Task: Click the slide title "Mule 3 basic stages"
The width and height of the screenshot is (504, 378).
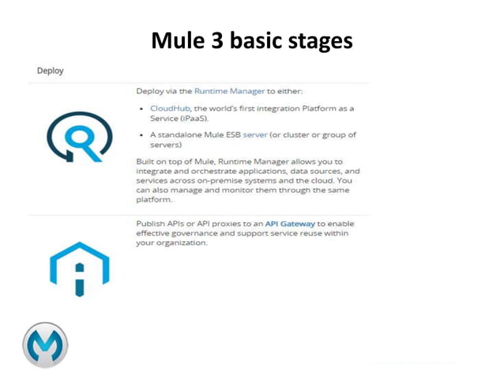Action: coord(251,40)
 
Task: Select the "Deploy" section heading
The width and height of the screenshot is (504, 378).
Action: coord(50,70)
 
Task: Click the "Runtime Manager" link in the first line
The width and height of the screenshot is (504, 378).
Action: coord(229,92)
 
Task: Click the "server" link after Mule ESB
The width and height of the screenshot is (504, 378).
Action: coord(255,135)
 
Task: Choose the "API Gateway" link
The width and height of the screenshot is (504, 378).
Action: coord(290,224)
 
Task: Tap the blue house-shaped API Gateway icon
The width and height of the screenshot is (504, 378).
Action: coord(80,270)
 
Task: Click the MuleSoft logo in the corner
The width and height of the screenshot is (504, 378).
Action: coord(45,345)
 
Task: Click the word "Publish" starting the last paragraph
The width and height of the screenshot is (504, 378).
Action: coord(152,224)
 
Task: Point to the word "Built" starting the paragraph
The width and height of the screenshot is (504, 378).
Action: coord(147,161)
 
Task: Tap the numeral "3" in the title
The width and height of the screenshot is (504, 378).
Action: coord(218,40)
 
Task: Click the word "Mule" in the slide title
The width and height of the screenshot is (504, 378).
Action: coord(178,40)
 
